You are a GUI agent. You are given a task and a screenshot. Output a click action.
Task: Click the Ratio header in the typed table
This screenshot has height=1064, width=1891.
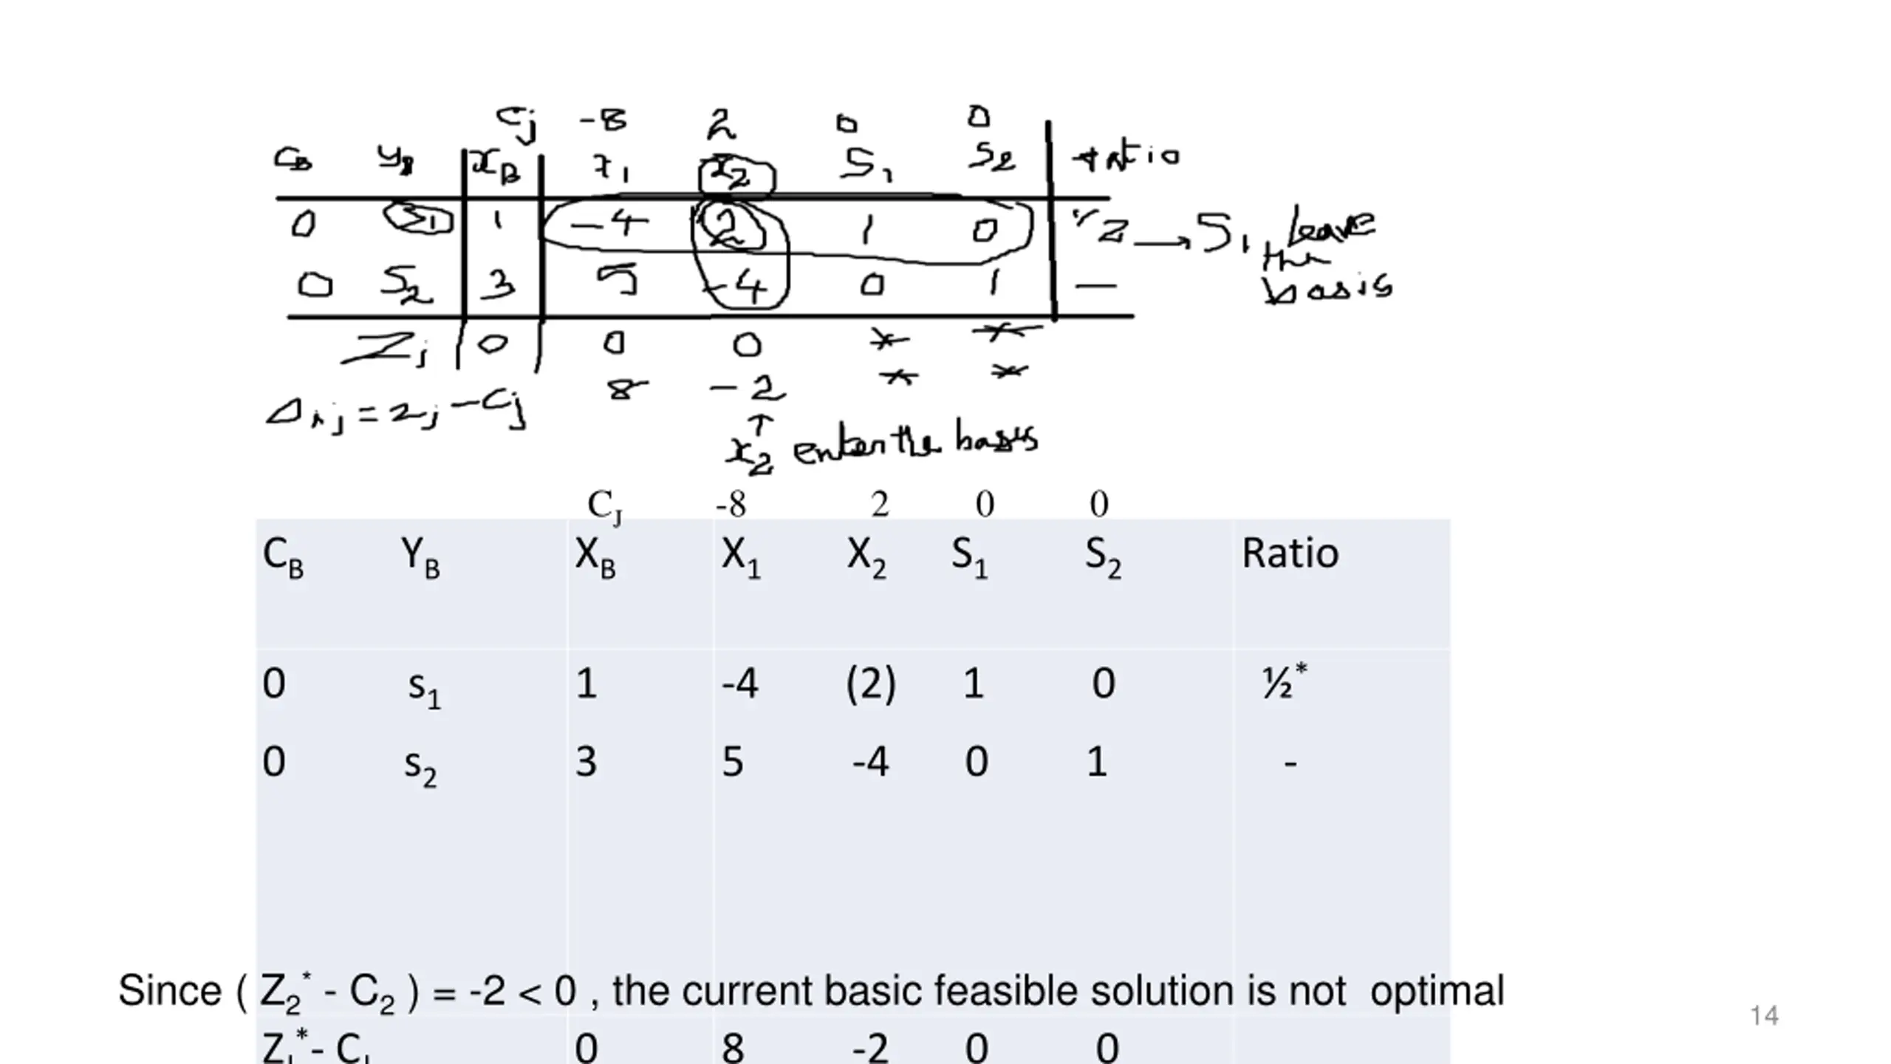pyautogui.click(x=1290, y=553)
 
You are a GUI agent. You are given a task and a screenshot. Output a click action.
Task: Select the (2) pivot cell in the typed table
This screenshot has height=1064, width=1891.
pyautogui.click(x=870, y=683)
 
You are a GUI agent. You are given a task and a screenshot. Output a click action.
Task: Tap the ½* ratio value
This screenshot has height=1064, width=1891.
pyautogui.click(x=1284, y=682)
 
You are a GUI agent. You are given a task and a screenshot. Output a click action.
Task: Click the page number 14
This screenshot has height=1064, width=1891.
pyautogui.click(x=1764, y=1016)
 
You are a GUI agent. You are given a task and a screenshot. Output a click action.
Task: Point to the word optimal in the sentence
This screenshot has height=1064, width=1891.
pyautogui.click(x=1437, y=992)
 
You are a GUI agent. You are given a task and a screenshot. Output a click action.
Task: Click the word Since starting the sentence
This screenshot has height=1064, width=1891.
pyautogui.click(x=169, y=991)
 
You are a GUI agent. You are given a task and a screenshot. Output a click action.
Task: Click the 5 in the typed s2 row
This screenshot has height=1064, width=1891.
pyautogui.click(x=732, y=762)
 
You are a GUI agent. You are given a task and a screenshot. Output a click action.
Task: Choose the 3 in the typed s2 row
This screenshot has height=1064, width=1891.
pyautogui.click(x=586, y=762)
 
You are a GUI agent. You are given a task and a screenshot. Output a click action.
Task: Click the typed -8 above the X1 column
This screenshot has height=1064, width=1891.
pyautogui.click(x=731, y=505)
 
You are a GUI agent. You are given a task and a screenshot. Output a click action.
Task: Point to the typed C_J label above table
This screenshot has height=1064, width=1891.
pyautogui.click(x=604, y=506)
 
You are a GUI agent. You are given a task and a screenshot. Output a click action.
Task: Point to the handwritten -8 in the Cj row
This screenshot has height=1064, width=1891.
pyautogui.click(x=603, y=120)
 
